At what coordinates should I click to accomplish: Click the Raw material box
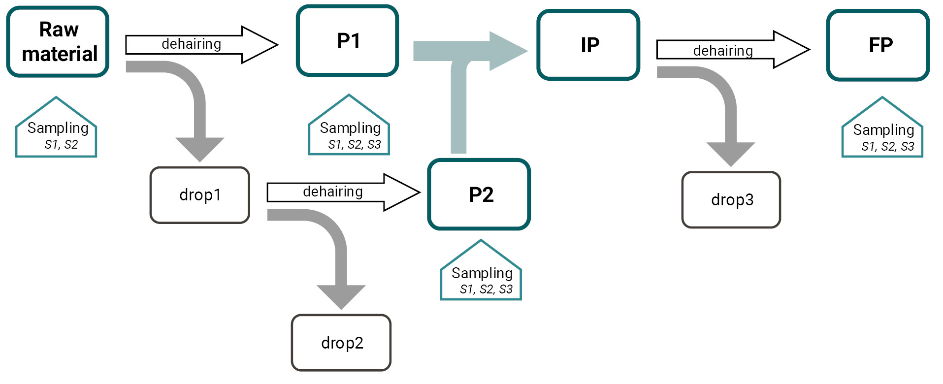click(x=58, y=42)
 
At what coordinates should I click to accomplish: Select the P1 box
click(x=347, y=41)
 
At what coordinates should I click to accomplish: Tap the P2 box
click(x=479, y=194)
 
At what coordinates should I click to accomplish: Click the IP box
click(x=588, y=45)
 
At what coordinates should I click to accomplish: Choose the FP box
click(x=878, y=45)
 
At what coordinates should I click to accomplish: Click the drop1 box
click(x=200, y=195)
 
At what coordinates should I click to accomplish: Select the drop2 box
click(x=341, y=343)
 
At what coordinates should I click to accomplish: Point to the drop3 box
click(x=731, y=200)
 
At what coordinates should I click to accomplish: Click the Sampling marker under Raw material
click(x=56, y=132)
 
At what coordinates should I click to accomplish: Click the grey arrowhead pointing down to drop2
click(x=341, y=296)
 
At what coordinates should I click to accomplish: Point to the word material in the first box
click(x=60, y=54)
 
